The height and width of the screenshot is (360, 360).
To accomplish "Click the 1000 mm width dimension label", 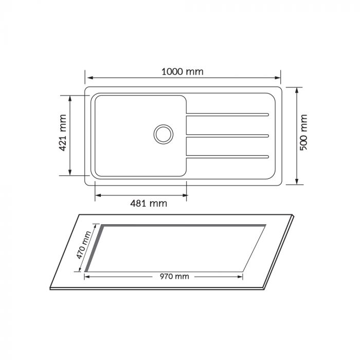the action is pyautogui.click(x=183, y=72).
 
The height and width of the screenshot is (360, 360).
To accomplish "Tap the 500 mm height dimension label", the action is pyautogui.click(x=303, y=132).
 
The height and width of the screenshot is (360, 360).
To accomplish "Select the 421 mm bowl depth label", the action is pyautogui.click(x=63, y=133).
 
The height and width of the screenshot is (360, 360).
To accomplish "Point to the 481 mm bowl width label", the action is pyautogui.click(x=149, y=204).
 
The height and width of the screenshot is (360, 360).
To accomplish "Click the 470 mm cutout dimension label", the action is pyautogui.click(x=84, y=245).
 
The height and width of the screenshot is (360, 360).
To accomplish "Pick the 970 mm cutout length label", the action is pyautogui.click(x=174, y=277).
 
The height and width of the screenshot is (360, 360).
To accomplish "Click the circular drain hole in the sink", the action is pyautogui.click(x=164, y=134).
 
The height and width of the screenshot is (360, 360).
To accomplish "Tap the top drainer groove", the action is pyautogui.click(x=227, y=115).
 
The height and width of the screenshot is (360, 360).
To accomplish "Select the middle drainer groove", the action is pyautogui.click(x=227, y=136).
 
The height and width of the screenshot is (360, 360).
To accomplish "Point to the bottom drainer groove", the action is pyautogui.click(x=227, y=157).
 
